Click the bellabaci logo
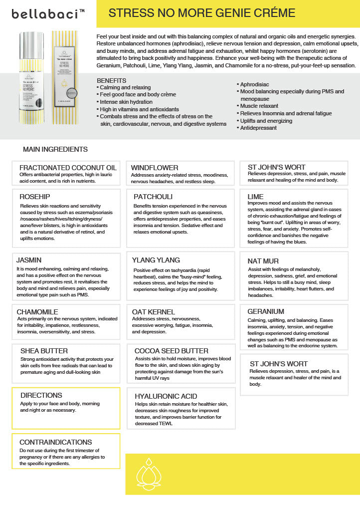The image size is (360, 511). click(48, 14)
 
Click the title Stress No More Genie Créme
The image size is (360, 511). click(202, 13)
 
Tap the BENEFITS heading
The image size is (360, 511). click(111, 80)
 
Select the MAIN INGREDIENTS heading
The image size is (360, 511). click(55, 149)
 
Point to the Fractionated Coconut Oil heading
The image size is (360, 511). click(68, 168)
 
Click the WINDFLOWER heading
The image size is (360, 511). click(155, 168)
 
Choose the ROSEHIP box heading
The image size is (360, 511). click(35, 197)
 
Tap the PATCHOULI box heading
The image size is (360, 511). click(153, 197)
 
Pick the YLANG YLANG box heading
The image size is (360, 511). click(156, 260)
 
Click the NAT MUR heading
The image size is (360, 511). click(263, 261)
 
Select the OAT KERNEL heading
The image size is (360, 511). click(154, 312)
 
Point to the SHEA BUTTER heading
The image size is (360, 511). click(44, 351)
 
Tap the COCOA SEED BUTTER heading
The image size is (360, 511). click(172, 351)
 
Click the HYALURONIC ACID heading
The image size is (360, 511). click(166, 396)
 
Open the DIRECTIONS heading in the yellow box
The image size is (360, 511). click(41, 395)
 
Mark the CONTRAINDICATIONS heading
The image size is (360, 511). click(56, 442)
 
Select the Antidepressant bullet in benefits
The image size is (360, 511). click(258, 128)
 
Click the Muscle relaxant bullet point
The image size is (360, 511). click(259, 106)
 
